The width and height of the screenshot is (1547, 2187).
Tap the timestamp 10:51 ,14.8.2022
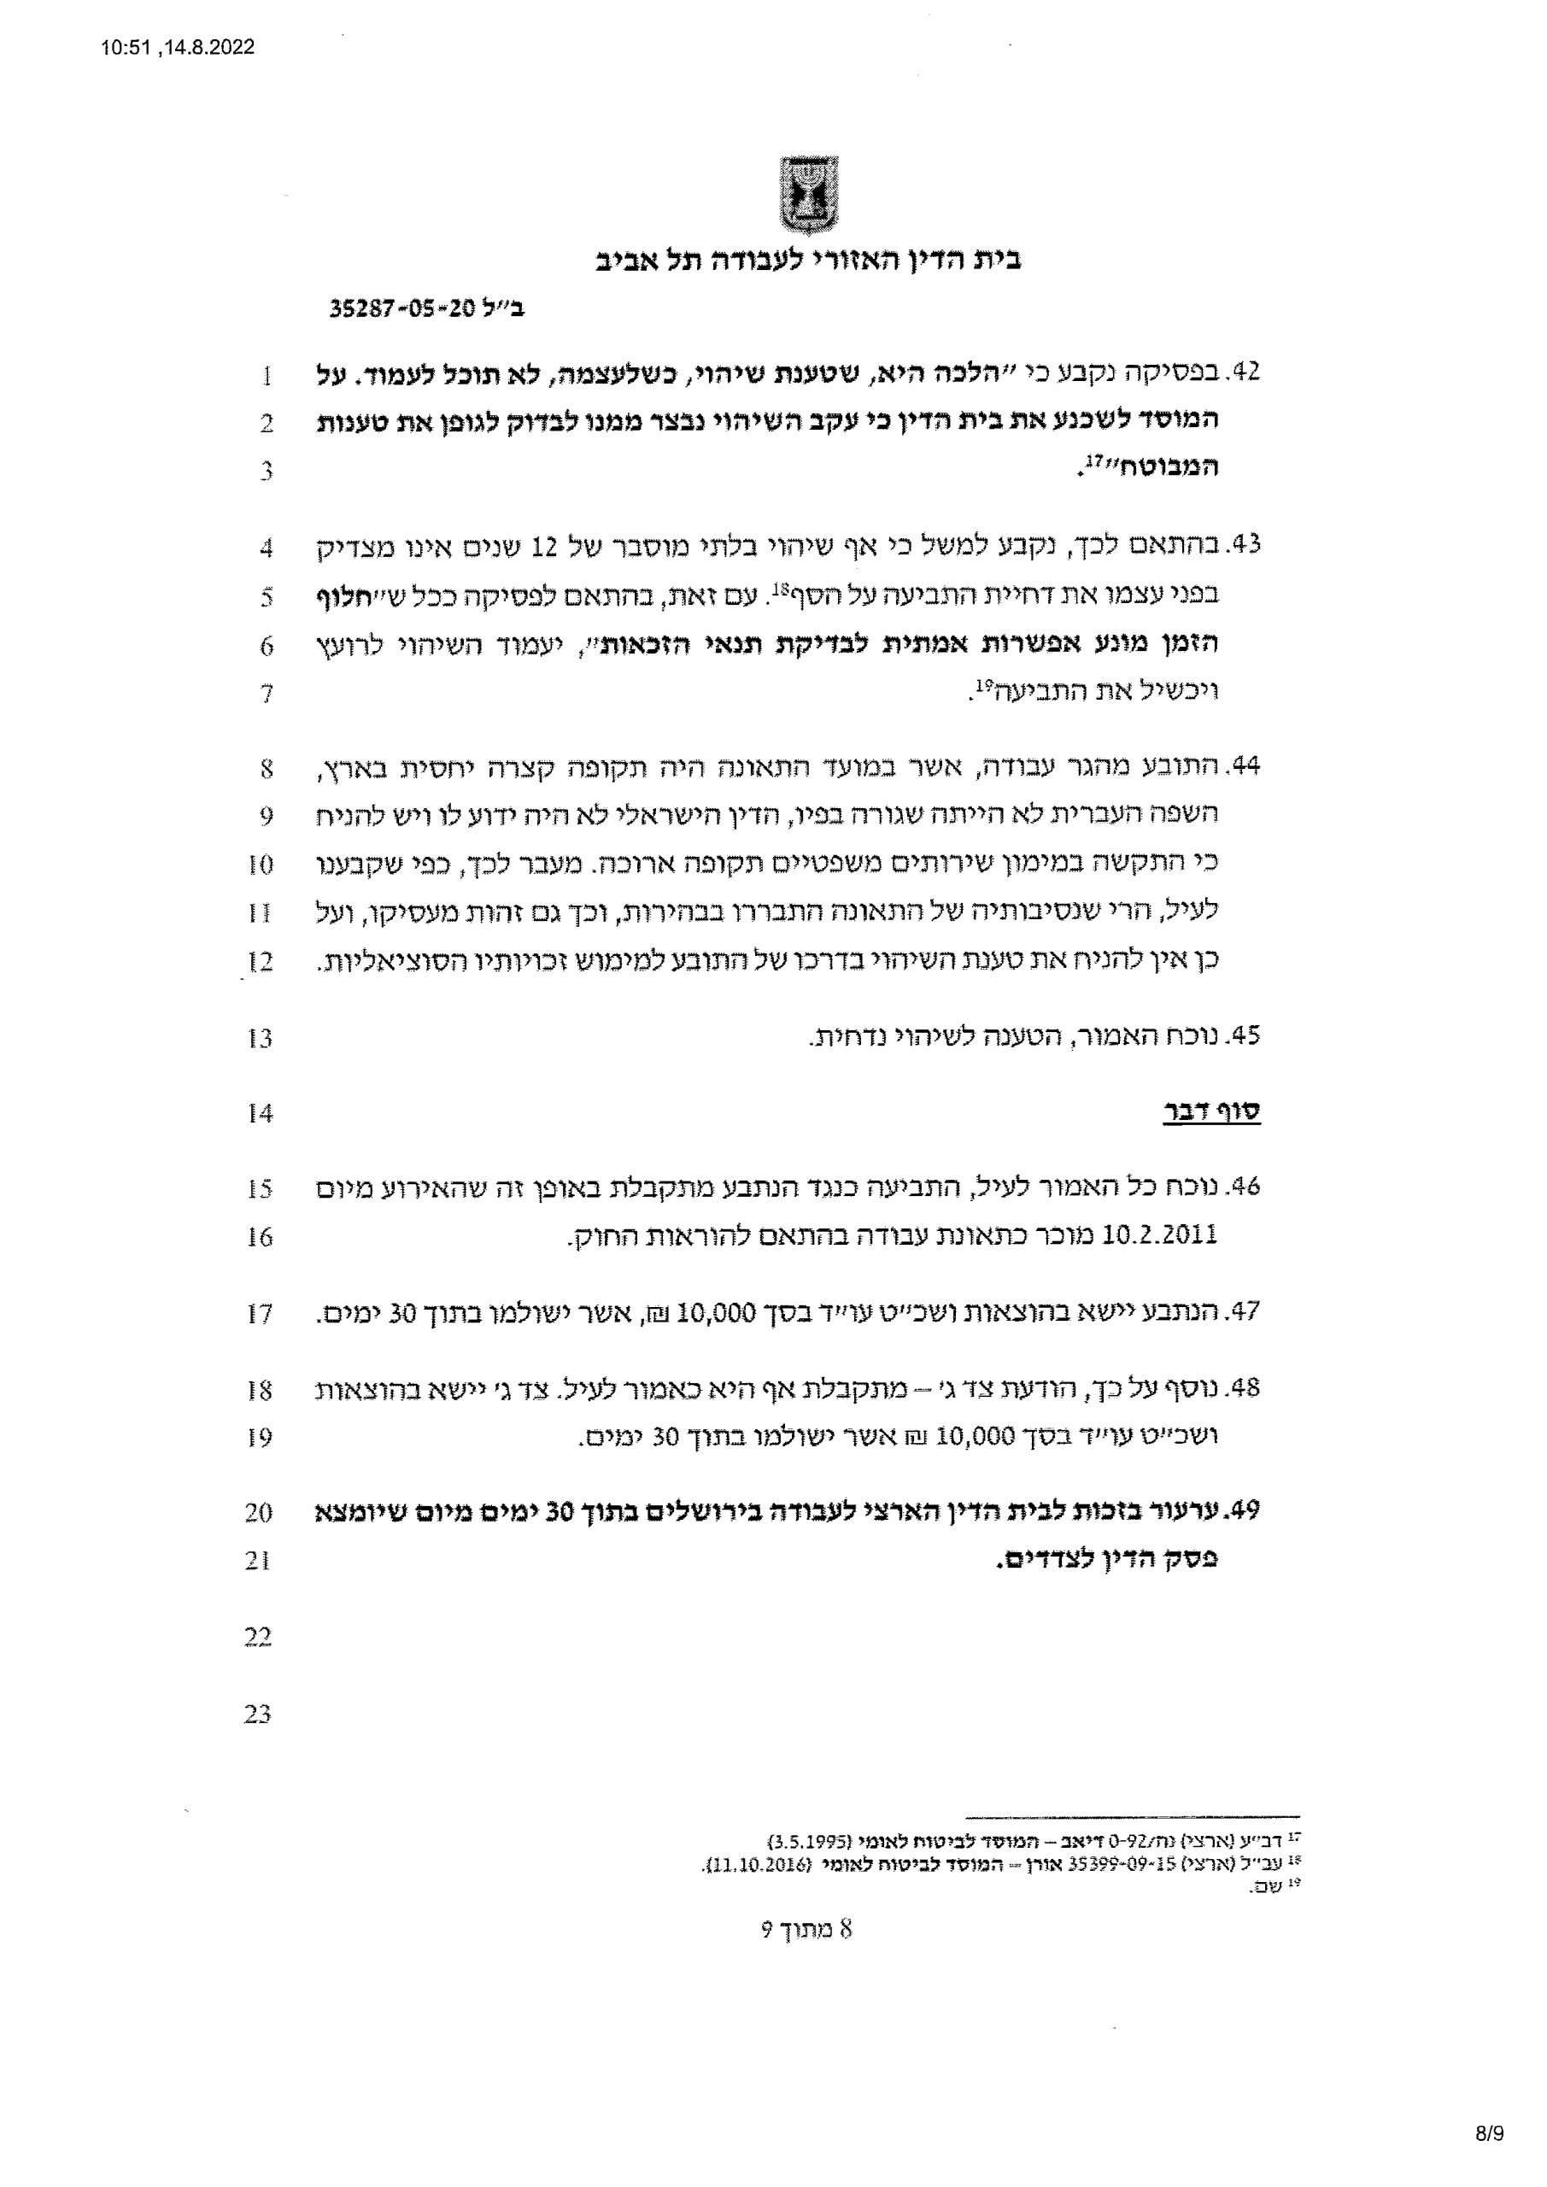pyautogui.click(x=179, y=48)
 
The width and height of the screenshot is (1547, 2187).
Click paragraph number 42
pyautogui.click(x=1245, y=372)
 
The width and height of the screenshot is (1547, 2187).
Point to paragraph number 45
pyautogui.click(x=1245, y=1035)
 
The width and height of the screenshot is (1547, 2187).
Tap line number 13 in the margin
pyautogui.click(x=259, y=1037)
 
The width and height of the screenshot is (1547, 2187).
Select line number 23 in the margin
pyautogui.click(x=257, y=1714)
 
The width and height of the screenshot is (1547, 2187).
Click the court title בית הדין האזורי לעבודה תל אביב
pyautogui.click(x=808, y=260)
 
